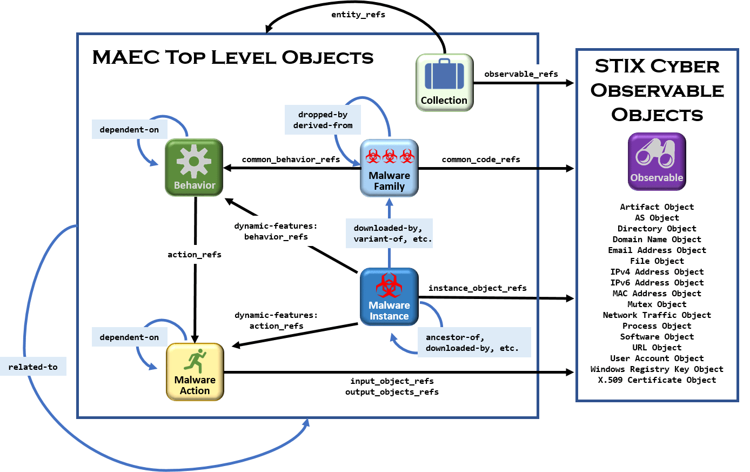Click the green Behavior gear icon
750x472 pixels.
tap(194, 167)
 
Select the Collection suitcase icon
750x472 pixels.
tap(444, 82)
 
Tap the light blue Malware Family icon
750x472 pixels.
tap(389, 168)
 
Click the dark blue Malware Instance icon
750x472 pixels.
tap(389, 297)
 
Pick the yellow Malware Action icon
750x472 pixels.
tap(195, 372)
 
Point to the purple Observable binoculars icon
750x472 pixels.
tap(657, 162)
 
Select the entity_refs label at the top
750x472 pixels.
tap(358, 15)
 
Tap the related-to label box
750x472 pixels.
tap(33, 367)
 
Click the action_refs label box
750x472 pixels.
tap(195, 255)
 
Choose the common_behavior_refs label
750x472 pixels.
tap(291, 159)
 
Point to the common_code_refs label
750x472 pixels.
tap(481, 159)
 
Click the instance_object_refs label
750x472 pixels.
tap(477, 288)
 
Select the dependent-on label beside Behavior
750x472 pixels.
tap(129, 130)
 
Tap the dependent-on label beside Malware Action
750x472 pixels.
tap(129, 337)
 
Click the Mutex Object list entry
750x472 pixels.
tap(657, 304)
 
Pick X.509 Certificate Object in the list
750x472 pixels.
tap(657, 380)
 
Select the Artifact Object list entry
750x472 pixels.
tap(657, 207)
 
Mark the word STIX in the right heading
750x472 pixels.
tap(620, 67)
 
